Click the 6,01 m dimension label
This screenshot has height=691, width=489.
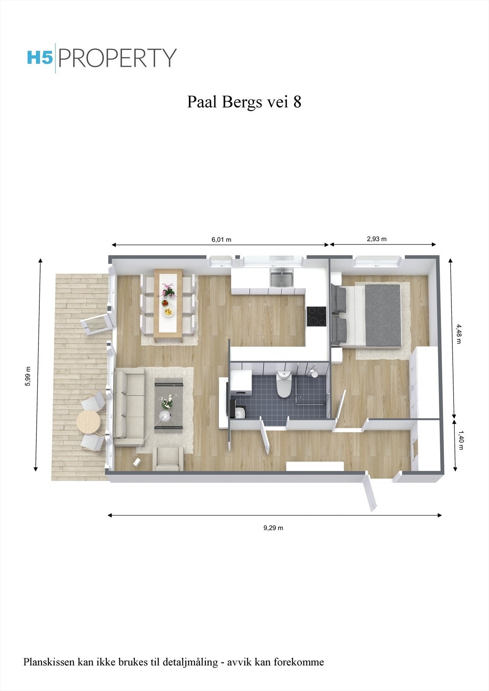(221, 240)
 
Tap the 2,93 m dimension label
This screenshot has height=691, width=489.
(376, 239)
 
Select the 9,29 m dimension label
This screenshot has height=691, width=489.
(273, 528)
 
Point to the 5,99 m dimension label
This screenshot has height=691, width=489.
(28, 377)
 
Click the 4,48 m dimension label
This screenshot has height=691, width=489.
(459, 333)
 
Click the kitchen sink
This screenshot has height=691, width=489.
(281, 278)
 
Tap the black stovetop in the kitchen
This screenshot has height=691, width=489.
(316, 316)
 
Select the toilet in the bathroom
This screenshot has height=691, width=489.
(284, 384)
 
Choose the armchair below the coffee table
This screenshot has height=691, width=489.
(168, 459)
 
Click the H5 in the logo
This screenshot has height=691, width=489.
(40, 58)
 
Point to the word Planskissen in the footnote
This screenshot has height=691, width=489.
(49, 662)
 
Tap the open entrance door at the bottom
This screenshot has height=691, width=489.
(371, 492)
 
